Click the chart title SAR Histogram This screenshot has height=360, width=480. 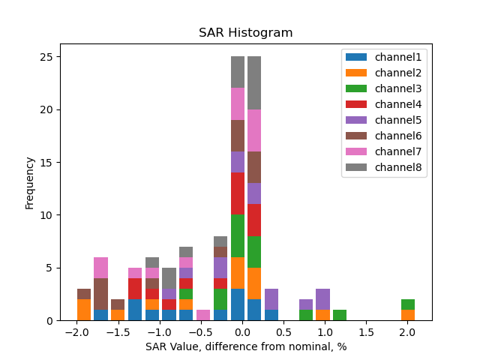pyautogui.click(x=245, y=33)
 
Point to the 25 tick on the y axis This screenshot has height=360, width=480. pyautogui.click(x=47, y=57)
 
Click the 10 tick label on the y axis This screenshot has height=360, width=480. pyautogui.click(x=47, y=215)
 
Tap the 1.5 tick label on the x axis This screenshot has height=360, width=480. pyautogui.click(x=366, y=331)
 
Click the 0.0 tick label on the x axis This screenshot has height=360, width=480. pyautogui.click(x=242, y=331)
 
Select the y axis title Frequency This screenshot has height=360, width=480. pyautogui.click(x=30, y=182)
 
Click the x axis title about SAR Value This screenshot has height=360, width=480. pyautogui.click(x=245, y=346)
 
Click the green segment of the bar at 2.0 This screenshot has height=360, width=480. pyautogui.click(x=408, y=304)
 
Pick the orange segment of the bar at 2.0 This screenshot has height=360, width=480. pyautogui.click(x=408, y=315)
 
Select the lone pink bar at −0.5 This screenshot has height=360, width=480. pyautogui.click(x=203, y=315)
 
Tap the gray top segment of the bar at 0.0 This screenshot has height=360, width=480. pyautogui.click(x=238, y=72)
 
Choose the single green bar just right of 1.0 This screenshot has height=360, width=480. pyautogui.click(x=340, y=315)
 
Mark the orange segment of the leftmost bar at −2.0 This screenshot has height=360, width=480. pyautogui.click(x=84, y=310)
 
